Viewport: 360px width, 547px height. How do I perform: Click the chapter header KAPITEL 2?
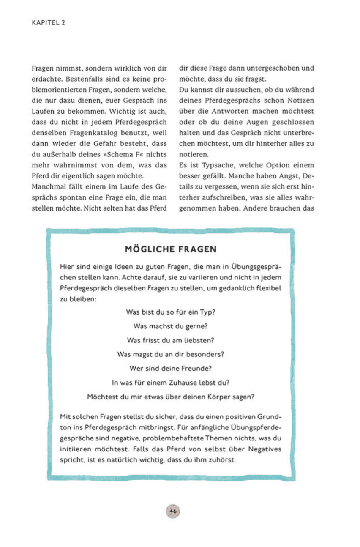48,22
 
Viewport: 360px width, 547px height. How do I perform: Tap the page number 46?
173,511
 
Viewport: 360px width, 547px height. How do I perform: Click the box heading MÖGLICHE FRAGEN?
171,249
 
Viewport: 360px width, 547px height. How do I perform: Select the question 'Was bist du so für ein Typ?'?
171,312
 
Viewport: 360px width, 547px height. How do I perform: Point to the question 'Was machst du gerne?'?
171,326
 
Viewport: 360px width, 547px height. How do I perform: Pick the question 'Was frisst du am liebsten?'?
171,340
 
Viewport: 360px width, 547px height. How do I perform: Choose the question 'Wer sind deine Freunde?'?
171,368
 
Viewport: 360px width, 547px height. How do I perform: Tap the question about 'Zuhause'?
171,383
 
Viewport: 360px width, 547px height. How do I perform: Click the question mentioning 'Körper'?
171,397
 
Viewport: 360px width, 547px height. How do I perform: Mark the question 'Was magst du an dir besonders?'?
171,354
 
